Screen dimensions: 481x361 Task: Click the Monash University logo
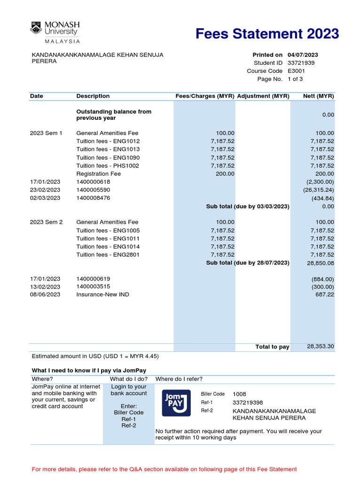tap(55, 31)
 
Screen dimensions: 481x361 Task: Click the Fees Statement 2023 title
tap(267, 34)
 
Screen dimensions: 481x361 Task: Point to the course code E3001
tap(296, 71)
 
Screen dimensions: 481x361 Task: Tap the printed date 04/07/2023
tap(303, 55)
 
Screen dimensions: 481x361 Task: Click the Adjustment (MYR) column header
tap(263, 96)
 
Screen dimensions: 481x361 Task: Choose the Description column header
tap(93, 96)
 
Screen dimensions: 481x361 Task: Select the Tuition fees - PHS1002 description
tap(108, 166)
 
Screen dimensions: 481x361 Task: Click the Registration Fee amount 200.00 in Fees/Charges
tap(225, 174)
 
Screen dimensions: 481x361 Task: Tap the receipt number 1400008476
tap(93, 198)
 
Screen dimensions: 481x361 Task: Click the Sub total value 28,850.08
tap(321, 264)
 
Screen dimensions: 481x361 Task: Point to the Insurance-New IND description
tap(102, 295)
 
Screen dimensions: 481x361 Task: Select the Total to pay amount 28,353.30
tap(321, 347)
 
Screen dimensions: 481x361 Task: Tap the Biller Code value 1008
tap(239, 394)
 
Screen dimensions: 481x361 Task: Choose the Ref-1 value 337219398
tap(248, 403)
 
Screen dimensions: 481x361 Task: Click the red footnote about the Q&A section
tap(164, 469)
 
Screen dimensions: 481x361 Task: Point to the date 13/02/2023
tap(45, 287)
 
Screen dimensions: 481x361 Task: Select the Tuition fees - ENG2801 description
tap(108, 255)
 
